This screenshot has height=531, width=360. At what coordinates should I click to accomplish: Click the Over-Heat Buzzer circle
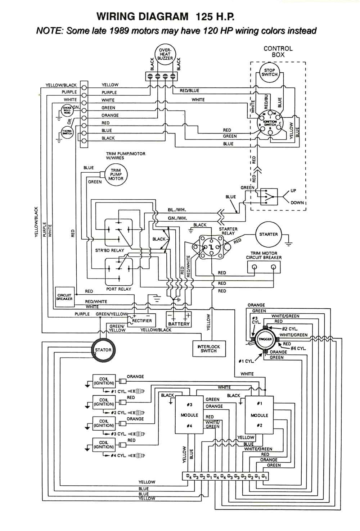point(165,55)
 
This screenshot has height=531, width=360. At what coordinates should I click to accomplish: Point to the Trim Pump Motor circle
point(116,174)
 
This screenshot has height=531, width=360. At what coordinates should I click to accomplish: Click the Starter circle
point(268,235)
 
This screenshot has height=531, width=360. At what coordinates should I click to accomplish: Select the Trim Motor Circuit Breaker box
point(264,267)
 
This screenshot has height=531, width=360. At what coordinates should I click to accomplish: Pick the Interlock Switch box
point(209,349)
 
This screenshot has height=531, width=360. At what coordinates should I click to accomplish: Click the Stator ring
point(103,350)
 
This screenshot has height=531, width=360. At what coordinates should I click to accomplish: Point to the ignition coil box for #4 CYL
point(104,445)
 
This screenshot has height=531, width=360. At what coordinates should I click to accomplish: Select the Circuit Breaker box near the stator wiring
point(64,297)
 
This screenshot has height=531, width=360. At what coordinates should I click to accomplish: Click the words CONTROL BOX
point(278,51)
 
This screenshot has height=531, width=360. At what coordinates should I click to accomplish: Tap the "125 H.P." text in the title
point(215,16)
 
